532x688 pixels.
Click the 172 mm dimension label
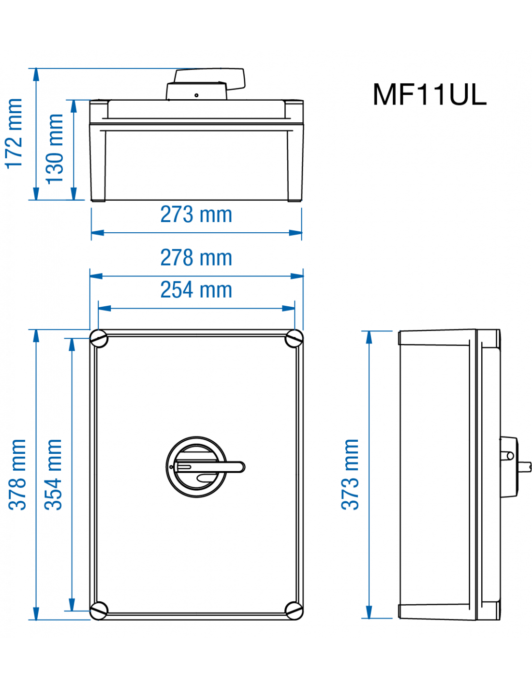(15, 134)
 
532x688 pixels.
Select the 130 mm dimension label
(55, 149)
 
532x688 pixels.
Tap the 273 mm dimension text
(196, 215)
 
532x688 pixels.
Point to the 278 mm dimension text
(196, 258)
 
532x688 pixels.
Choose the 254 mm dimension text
(196, 290)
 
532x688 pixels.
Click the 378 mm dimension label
(17, 475)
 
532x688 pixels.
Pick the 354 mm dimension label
(54, 475)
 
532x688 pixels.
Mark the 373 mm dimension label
(351, 475)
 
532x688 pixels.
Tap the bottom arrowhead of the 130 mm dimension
(74, 193)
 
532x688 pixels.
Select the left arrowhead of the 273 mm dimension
(98, 233)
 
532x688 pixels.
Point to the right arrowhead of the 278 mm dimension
(297, 276)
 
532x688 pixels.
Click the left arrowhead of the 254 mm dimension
(105, 308)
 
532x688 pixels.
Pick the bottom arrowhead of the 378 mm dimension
(36, 613)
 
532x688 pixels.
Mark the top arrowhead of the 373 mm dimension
(369, 338)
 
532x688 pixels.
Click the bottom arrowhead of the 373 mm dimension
(369, 612)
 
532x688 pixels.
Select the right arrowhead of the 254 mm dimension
(289, 308)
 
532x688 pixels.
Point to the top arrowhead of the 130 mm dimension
(74, 106)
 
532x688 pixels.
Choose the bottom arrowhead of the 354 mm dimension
(72, 604)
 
